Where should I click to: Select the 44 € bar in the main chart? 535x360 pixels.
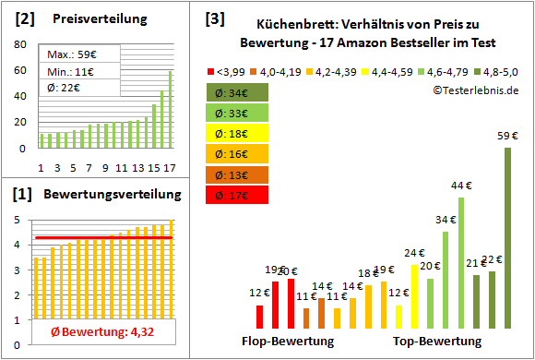point(460,263)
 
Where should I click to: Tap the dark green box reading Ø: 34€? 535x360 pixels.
point(238,92)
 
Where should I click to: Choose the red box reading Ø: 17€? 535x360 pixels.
point(238,195)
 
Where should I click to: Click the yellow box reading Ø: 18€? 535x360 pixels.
point(238,133)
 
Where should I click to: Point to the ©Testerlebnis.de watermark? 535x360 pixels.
point(475,90)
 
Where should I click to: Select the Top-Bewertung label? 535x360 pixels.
point(437,342)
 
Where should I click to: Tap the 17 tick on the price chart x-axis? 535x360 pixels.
point(170,167)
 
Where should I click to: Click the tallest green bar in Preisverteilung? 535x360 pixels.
point(170,109)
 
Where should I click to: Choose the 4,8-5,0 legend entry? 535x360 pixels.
point(499,71)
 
